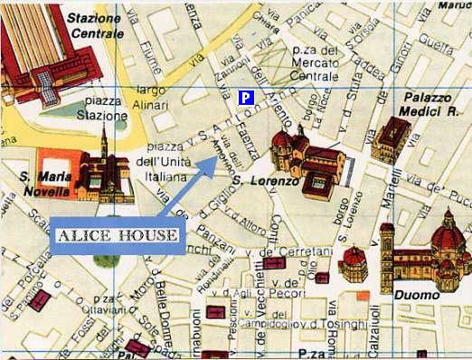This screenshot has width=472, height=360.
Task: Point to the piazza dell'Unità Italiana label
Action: point(162,160)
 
